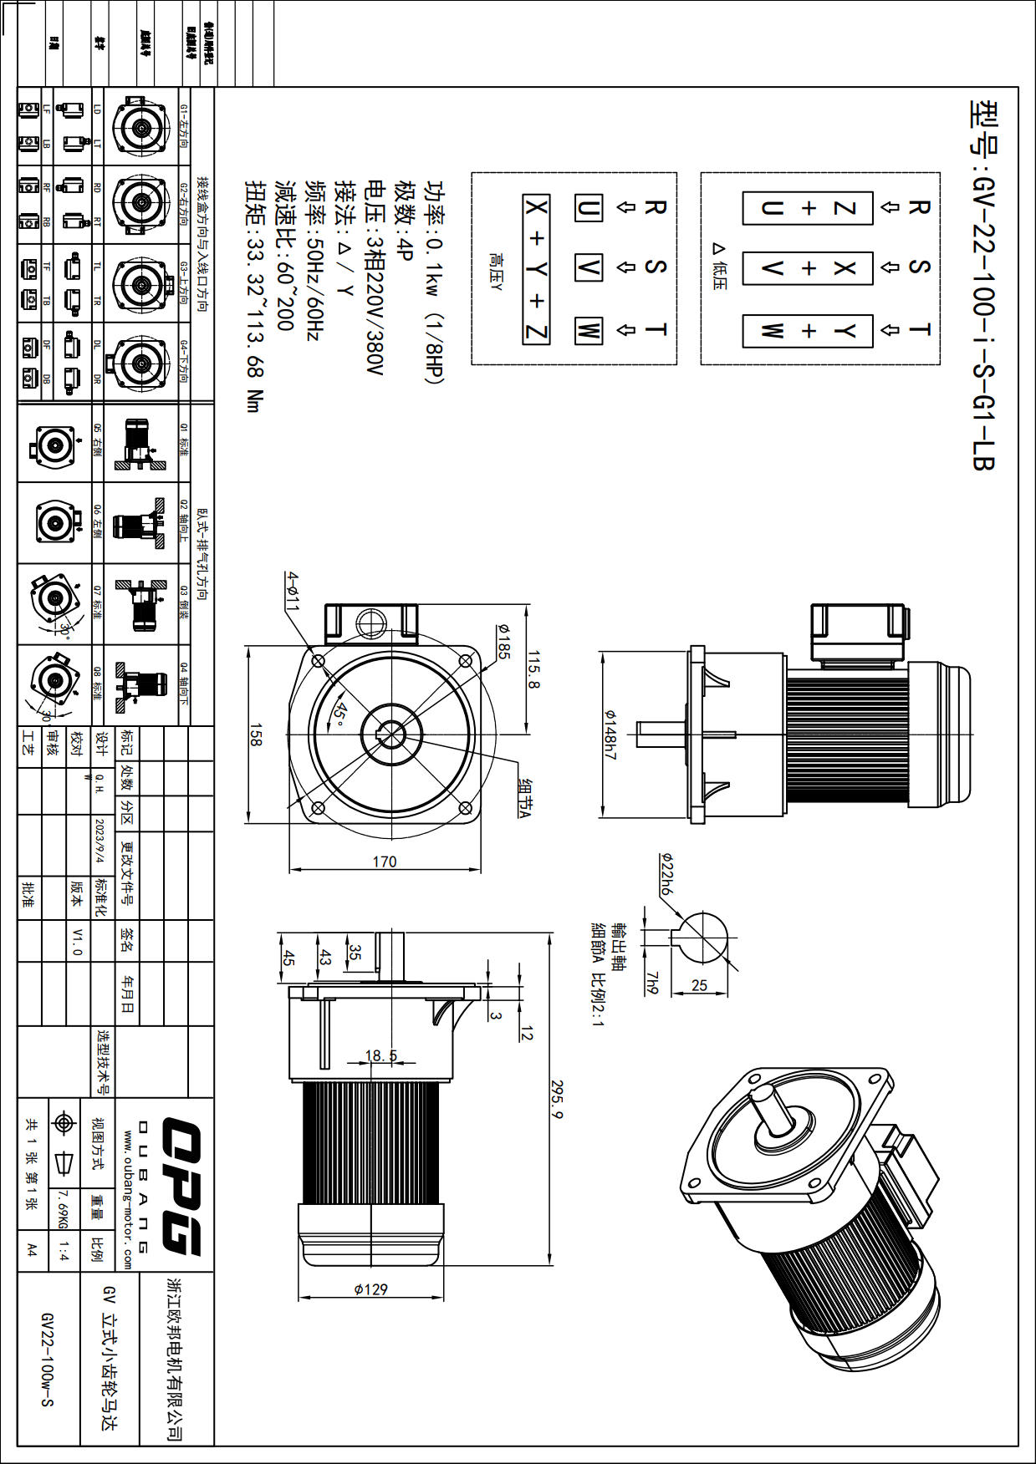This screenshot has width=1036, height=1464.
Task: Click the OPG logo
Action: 180,1186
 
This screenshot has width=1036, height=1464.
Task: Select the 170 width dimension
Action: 385,862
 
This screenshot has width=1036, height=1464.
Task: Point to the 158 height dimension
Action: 256,735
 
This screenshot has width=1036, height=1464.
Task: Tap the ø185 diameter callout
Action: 503,641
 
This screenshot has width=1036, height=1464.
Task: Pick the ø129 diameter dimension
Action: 370,1289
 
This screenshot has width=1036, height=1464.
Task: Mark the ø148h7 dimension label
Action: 611,735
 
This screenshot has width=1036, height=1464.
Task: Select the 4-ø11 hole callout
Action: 292,592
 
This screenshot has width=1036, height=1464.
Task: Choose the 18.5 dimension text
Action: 381,1055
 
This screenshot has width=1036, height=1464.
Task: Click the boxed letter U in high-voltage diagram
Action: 588,207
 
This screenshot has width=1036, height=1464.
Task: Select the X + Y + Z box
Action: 536,269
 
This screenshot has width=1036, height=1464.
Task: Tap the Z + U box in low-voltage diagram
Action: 808,208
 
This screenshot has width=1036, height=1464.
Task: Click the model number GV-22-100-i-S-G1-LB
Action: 983,285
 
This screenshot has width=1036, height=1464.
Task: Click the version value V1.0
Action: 78,941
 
